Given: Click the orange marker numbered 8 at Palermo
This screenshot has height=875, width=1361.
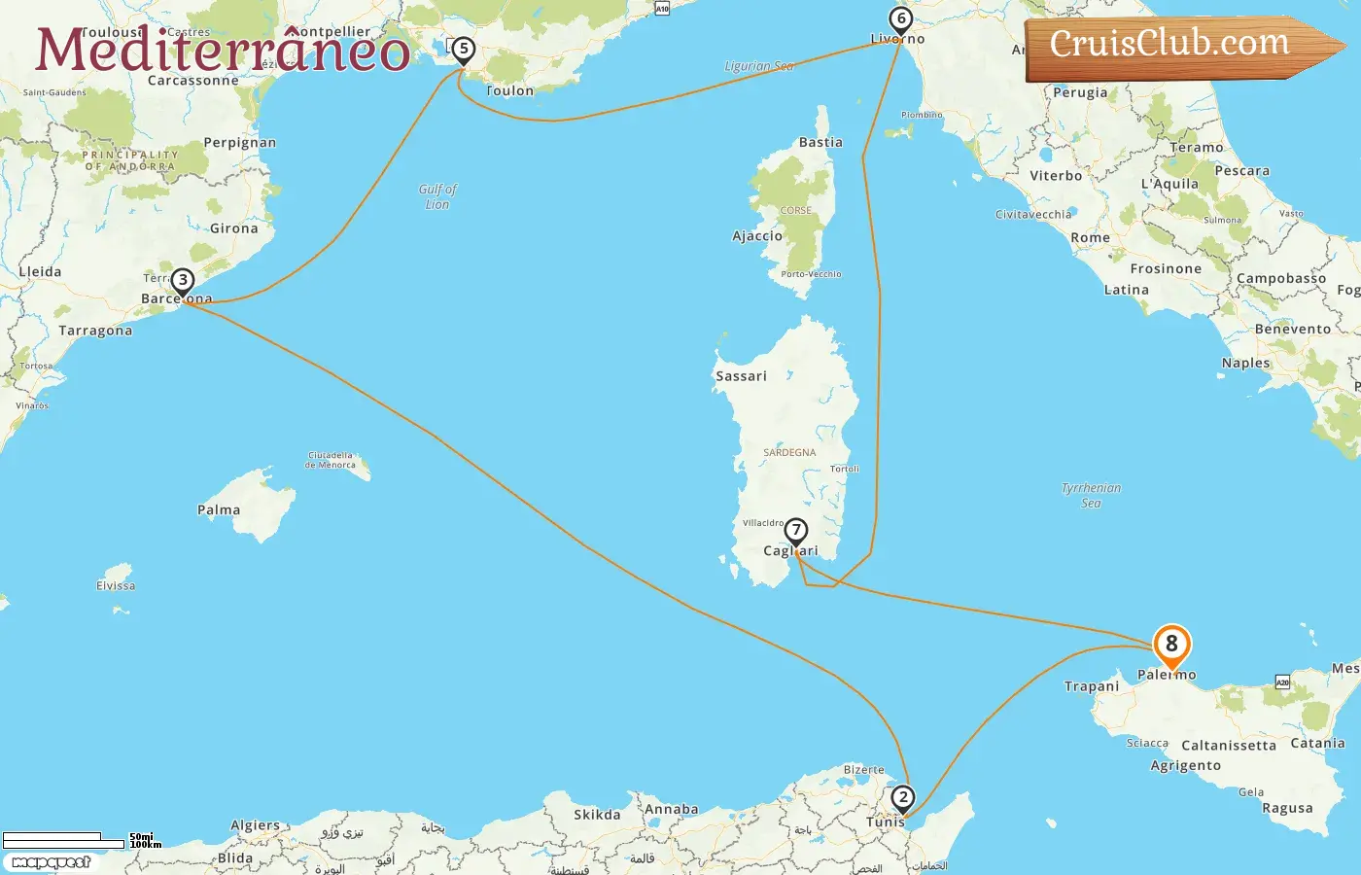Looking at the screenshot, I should (1171, 645).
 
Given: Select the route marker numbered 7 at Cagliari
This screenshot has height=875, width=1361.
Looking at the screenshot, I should (796, 531).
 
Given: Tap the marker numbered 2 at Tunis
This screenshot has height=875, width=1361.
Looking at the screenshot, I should (903, 798).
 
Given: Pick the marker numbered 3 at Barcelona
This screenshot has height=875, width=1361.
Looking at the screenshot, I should (183, 281).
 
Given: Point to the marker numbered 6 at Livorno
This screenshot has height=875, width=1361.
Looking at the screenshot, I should (901, 19).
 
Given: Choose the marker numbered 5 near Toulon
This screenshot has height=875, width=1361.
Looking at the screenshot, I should (464, 49).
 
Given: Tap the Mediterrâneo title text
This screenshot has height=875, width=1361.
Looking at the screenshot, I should (223, 50).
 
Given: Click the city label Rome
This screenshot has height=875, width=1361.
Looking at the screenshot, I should (1090, 237).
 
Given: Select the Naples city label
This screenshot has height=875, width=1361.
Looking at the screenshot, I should (1245, 363).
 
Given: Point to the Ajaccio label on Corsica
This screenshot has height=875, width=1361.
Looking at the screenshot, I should (757, 235).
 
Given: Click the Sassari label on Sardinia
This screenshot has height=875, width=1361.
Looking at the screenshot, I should (741, 376).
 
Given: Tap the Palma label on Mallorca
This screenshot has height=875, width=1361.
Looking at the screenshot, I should (219, 509).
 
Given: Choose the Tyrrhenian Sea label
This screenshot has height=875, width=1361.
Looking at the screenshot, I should (1091, 495).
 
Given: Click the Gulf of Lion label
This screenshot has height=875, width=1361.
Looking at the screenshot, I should (437, 196).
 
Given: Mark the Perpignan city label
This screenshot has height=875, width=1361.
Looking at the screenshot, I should (240, 142).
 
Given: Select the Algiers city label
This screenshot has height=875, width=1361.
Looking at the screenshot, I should (255, 825).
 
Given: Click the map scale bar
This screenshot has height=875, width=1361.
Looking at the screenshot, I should (64, 840).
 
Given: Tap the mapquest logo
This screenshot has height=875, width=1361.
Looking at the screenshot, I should (52, 862).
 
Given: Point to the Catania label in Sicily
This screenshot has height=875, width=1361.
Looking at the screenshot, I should (1317, 743).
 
